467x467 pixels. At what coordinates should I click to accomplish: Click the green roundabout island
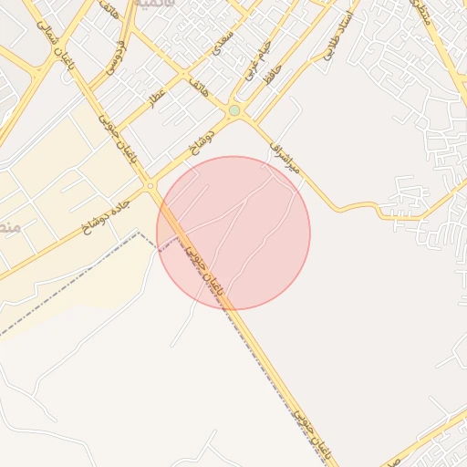click(234, 110)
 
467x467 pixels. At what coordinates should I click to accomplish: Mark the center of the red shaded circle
click(233, 233)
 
